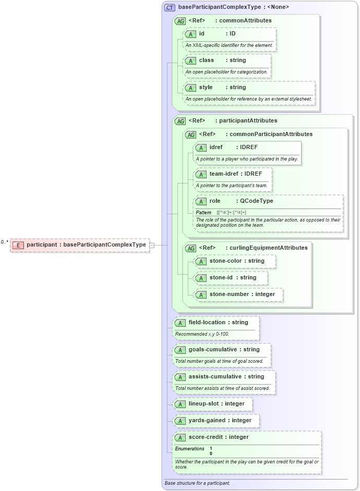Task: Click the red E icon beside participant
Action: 18,244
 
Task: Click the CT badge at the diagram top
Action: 170,7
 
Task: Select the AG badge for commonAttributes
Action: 180,21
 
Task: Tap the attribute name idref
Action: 216,148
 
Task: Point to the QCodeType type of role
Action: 257,201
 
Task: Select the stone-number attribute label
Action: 231,294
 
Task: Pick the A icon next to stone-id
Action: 201,278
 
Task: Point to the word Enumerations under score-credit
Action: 189,448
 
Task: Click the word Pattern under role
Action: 203,213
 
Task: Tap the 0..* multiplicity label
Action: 5,242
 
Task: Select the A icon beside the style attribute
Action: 190,88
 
